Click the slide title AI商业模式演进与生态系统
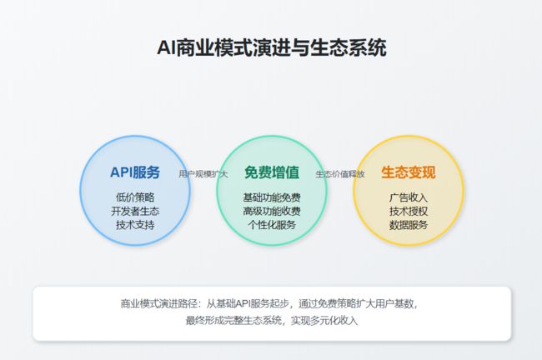tap(271, 47)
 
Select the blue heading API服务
tap(135, 172)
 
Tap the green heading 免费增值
tap(272, 172)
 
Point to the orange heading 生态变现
tap(409, 172)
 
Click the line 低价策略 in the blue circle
tap(135, 197)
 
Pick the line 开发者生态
tap(135, 211)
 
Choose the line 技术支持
tap(135, 225)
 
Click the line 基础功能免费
tap(272, 197)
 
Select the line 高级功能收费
tap(272, 211)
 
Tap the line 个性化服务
tap(272, 225)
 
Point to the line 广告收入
tap(409, 197)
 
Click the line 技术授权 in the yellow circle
tap(409, 211)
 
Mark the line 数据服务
tap(409, 225)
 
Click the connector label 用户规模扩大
tap(203, 174)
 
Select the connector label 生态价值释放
tap(340, 174)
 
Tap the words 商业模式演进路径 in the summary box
tap(159, 303)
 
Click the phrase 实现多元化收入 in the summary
tap(324, 321)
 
